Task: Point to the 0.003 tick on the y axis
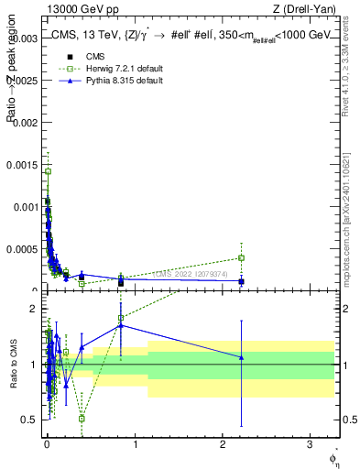[x=25, y=38]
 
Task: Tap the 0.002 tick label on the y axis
[x=25, y=122]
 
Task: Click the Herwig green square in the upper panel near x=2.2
[x=241, y=257]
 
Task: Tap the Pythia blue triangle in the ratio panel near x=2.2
[x=241, y=357]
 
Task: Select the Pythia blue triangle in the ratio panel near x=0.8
[x=121, y=325]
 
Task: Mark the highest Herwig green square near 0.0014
[x=48, y=171]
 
